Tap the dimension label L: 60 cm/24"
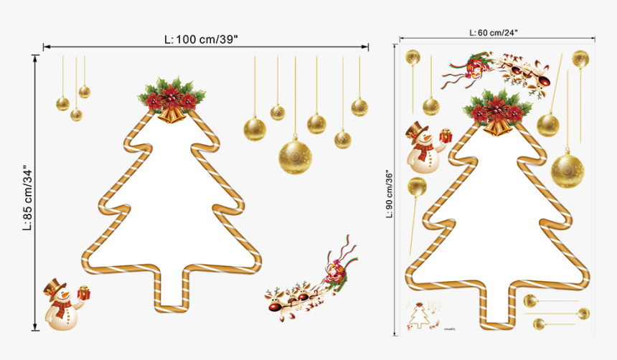[x=494, y=32]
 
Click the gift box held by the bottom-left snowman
[x=84, y=292]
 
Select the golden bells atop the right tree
[x=496, y=126]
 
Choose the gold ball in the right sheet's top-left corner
[x=413, y=57]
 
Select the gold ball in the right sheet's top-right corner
[x=579, y=58]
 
